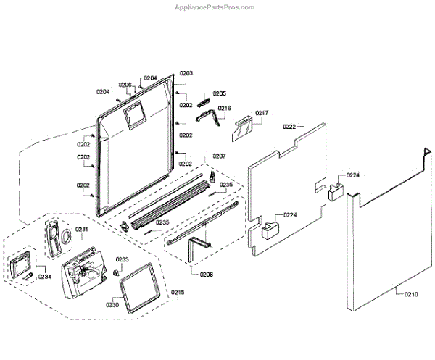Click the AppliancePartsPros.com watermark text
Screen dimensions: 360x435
pyautogui.click(x=215, y=7)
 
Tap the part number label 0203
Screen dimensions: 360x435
pyautogui.click(x=186, y=74)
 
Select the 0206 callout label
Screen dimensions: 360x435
pyautogui.click(x=125, y=85)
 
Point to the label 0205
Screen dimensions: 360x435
pyautogui.click(x=219, y=93)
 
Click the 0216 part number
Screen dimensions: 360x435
pyautogui.click(x=225, y=109)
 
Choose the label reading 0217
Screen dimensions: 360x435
pyautogui.click(x=262, y=113)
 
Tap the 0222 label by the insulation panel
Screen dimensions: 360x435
pyautogui.click(x=289, y=127)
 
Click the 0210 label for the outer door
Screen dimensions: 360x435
pyautogui.click(x=411, y=293)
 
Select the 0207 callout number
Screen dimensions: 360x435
pyautogui.click(x=219, y=156)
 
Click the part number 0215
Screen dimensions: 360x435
pyautogui.click(x=178, y=292)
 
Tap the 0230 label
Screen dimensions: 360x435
pyautogui.click(x=113, y=304)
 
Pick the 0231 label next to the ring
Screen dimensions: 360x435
pyautogui.click(x=82, y=230)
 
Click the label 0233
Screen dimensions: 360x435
pyautogui.click(x=123, y=259)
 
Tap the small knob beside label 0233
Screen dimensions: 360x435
pyautogui.click(x=115, y=270)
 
